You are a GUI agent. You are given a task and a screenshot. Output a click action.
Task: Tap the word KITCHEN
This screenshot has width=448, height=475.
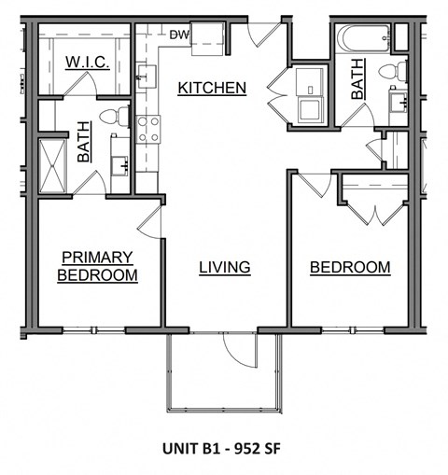(212, 89)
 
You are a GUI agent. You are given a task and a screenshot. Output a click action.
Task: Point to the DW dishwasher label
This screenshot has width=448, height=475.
(179, 36)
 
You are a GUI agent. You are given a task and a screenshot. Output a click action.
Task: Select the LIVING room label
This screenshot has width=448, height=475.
(224, 268)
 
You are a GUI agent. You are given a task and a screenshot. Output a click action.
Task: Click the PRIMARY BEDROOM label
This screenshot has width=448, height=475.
(97, 266)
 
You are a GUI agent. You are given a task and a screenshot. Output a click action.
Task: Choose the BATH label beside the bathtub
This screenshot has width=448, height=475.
(357, 78)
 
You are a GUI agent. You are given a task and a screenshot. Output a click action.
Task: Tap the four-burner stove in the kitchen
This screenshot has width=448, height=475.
(147, 129)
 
